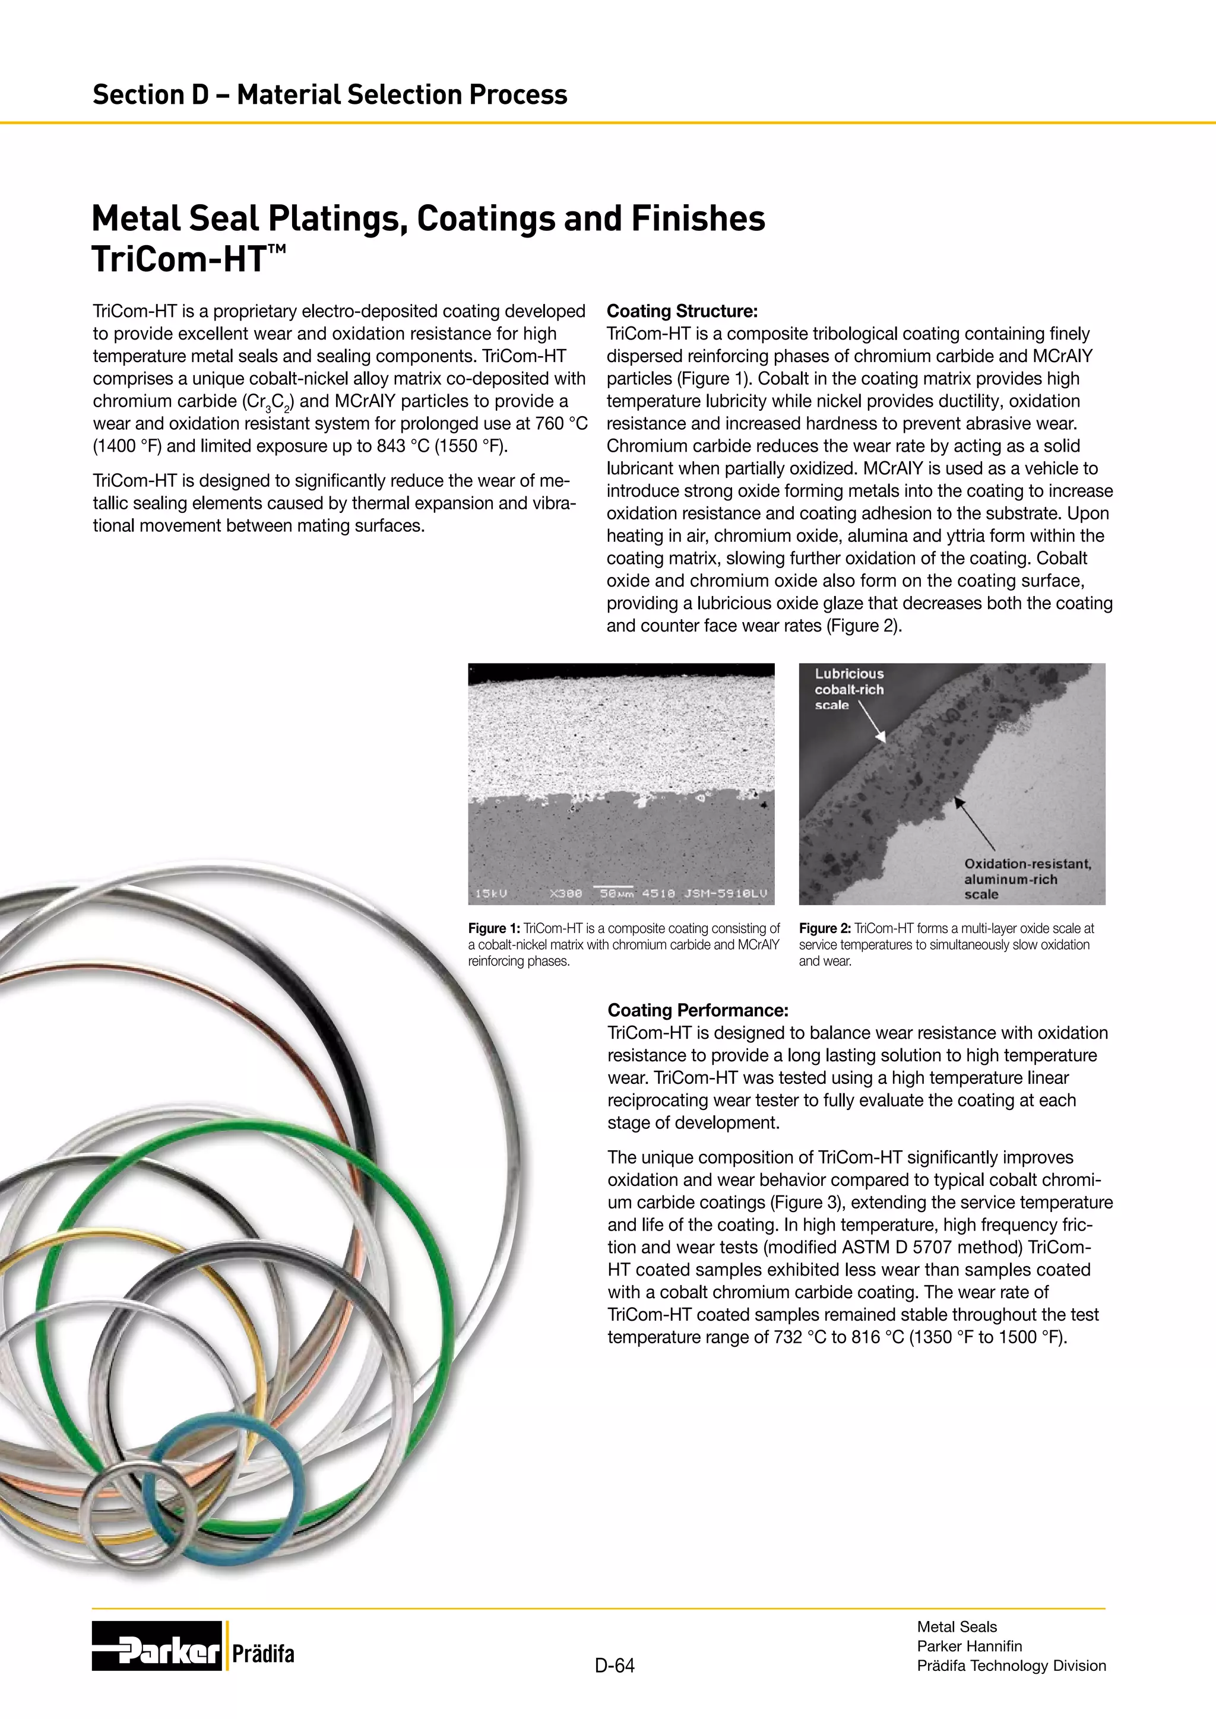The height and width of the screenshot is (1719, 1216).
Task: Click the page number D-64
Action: click(614, 1665)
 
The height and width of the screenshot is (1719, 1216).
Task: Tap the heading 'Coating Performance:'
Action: click(697, 1010)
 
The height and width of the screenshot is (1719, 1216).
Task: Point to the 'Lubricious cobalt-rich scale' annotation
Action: click(848, 689)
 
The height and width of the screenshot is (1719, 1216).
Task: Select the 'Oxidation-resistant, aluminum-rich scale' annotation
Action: click(1027, 878)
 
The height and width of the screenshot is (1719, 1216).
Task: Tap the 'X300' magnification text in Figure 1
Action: click(565, 893)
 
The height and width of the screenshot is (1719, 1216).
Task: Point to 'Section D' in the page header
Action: click(150, 95)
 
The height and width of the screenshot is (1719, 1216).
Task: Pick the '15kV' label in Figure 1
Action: click(491, 893)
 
